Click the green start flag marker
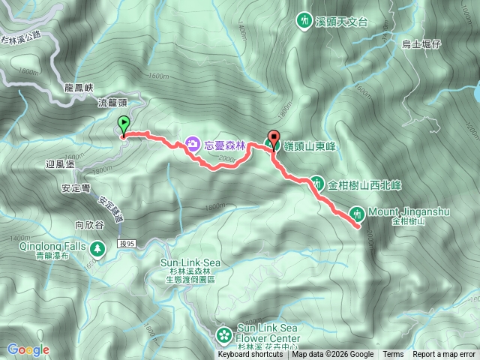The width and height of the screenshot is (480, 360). [124, 126]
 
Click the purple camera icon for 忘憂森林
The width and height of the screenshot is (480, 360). [192, 143]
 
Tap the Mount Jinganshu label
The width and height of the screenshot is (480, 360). [408, 212]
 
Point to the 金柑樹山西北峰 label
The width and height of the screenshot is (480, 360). [366, 182]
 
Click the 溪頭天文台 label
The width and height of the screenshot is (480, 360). [342, 22]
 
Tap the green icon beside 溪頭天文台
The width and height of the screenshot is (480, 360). [304, 22]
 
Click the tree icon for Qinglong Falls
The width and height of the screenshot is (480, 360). [96, 248]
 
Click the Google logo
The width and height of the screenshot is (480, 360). [28, 349]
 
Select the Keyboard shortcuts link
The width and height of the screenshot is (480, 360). [250, 355]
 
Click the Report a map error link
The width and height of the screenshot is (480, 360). [443, 355]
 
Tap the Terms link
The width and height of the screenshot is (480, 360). [393, 355]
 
